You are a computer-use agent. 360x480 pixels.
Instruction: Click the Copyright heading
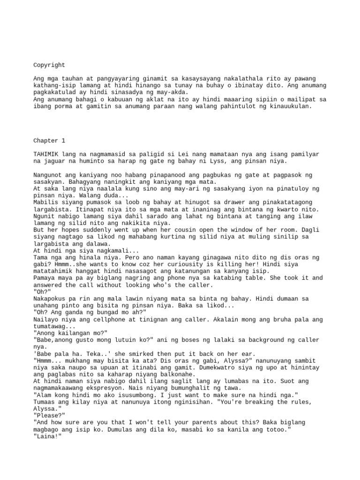(49, 65)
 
